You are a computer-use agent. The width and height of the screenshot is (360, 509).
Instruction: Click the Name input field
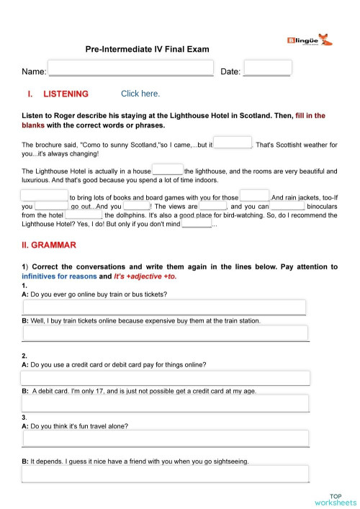coord(130,70)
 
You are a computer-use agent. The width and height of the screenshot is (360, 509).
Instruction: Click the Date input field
coord(267,68)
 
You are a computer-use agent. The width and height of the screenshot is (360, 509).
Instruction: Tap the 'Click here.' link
coord(140,94)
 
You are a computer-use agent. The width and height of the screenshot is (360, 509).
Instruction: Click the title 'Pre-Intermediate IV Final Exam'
coord(148,50)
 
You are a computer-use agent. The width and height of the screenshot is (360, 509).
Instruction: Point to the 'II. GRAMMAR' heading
coord(49,246)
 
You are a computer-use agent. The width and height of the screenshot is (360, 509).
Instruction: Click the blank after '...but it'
coord(233,143)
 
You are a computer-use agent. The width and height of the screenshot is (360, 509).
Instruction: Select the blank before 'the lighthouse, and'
coord(168,171)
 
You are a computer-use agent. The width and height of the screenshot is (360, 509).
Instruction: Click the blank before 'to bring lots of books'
coord(44,196)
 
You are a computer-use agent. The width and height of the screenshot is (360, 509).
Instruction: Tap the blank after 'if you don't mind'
coord(197,223)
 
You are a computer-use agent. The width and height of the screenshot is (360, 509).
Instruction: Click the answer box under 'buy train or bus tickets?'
coord(165,307)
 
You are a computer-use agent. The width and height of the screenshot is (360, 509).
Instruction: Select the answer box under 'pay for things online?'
coord(165,378)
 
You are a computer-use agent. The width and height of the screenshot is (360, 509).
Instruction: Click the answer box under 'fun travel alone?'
coord(165,438)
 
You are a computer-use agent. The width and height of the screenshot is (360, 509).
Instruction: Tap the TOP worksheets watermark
coord(335,499)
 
